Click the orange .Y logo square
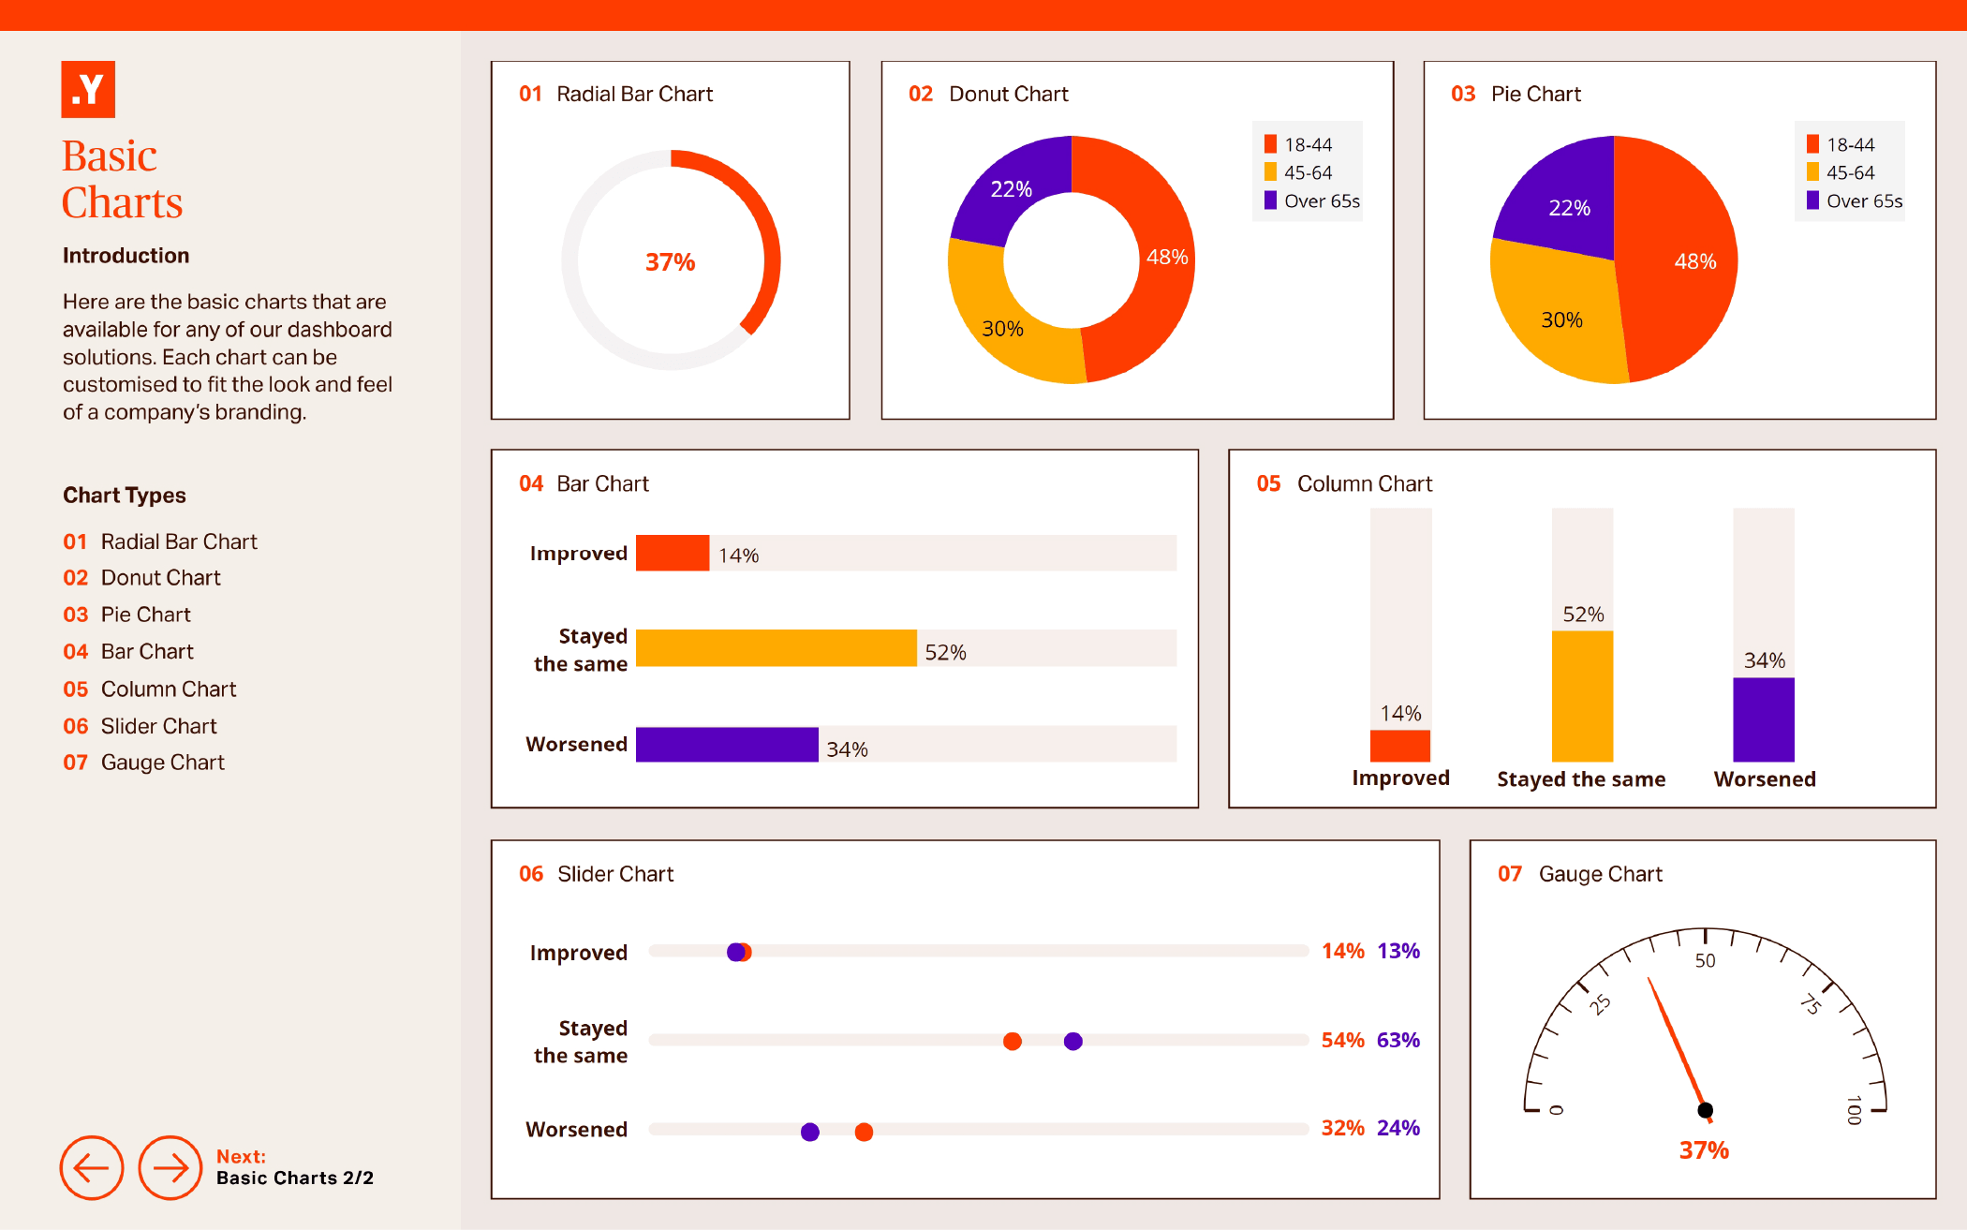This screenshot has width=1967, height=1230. [x=88, y=90]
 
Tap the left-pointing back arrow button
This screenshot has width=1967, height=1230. [x=92, y=1167]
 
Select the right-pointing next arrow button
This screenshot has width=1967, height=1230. [x=170, y=1167]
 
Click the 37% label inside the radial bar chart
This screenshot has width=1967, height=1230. [x=670, y=262]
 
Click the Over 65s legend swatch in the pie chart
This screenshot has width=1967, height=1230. [x=1812, y=200]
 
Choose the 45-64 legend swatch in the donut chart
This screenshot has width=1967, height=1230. [x=1270, y=172]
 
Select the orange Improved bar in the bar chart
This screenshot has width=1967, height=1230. [x=673, y=553]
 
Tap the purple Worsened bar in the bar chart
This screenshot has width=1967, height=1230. [x=727, y=745]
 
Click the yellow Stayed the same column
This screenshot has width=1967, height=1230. [x=1582, y=695]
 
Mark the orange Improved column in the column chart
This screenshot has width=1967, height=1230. [x=1400, y=746]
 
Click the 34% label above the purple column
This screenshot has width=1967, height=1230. [x=1764, y=660]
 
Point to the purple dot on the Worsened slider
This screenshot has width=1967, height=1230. [x=810, y=1132]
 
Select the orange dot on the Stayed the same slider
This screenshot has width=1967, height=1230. [x=1013, y=1042]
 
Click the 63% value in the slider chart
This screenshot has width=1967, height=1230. [x=1398, y=1040]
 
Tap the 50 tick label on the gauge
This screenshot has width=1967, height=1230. [x=1705, y=961]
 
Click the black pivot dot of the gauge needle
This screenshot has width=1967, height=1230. [x=1705, y=1110]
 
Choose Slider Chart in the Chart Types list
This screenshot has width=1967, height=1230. [x=158, y=726]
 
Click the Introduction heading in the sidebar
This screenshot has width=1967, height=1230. [x=126, y=256]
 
